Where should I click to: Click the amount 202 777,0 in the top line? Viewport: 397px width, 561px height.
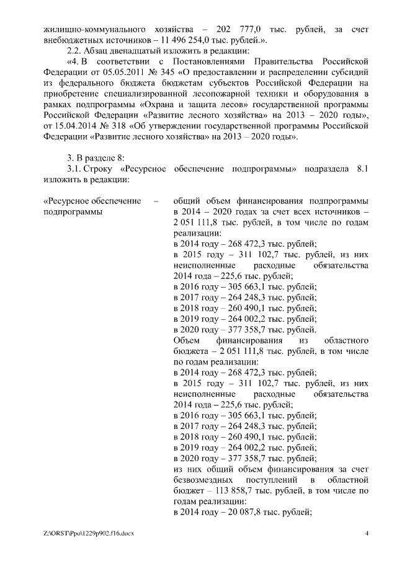[x=236, y=29]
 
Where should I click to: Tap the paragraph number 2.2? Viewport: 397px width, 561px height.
[x=74, y=51]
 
